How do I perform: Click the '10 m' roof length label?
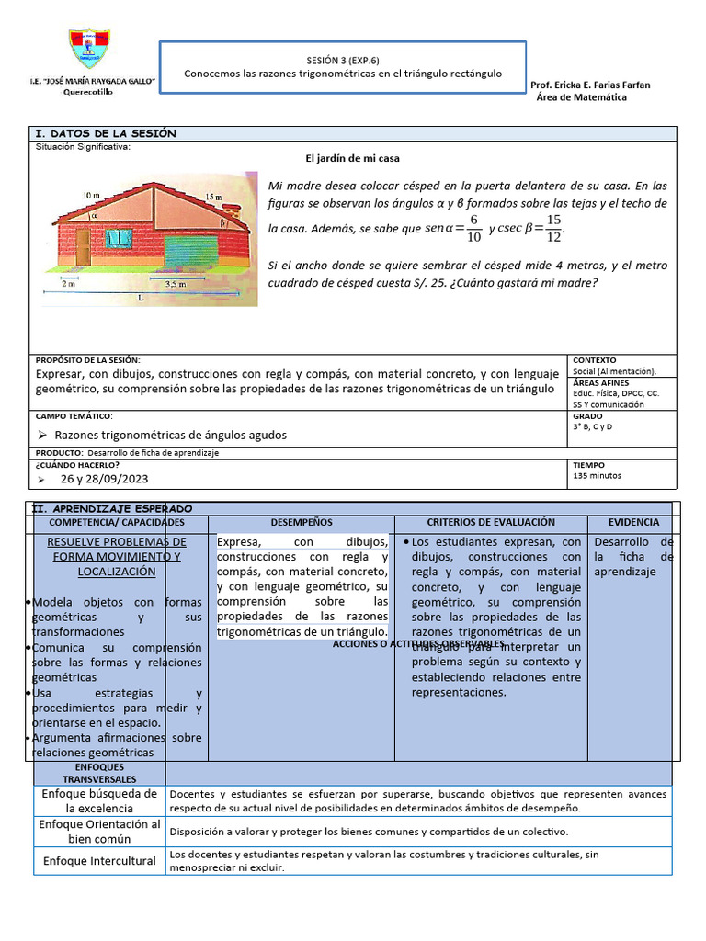(x=90, y=196)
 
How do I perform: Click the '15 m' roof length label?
(x=213, y=198)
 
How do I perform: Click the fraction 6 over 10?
(x=473, y=228)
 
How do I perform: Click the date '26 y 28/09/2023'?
(x=104, y=479)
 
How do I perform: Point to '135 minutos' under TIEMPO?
(x=597, y=476)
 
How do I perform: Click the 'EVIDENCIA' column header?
(x=633, y=522)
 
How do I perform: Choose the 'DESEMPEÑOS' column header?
(x=302, y=522)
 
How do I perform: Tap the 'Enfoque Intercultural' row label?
(x=99, y=861)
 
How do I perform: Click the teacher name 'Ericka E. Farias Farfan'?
(x=598, y=85)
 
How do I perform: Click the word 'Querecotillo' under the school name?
(x=89, y=92)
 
